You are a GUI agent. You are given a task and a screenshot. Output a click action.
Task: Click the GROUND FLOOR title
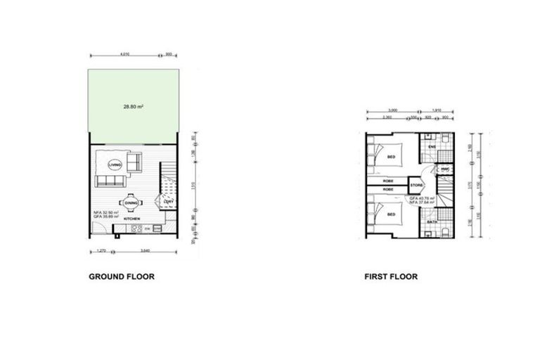click(121, 277)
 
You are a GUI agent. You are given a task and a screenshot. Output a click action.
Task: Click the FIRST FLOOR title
click(390, 277)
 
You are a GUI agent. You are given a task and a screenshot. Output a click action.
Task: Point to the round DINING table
click(131, 203)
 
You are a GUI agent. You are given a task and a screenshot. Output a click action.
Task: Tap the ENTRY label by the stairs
click(167, 202)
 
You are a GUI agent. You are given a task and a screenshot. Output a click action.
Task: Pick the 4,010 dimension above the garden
click(124, 53)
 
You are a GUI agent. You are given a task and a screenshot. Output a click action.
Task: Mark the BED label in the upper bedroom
click(391, 157)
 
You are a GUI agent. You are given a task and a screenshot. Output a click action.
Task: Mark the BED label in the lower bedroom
click(391, 214)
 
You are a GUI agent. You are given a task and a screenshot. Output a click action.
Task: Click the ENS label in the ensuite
click(432, 147)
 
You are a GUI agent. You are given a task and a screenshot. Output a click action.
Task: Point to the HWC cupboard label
click(445, 169)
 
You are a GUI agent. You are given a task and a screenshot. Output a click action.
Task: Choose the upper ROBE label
click(387, 181)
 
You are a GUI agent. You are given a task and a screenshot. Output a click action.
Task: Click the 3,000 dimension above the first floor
click(392, 110)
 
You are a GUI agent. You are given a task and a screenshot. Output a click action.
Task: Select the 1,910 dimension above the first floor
click(437, 110)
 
